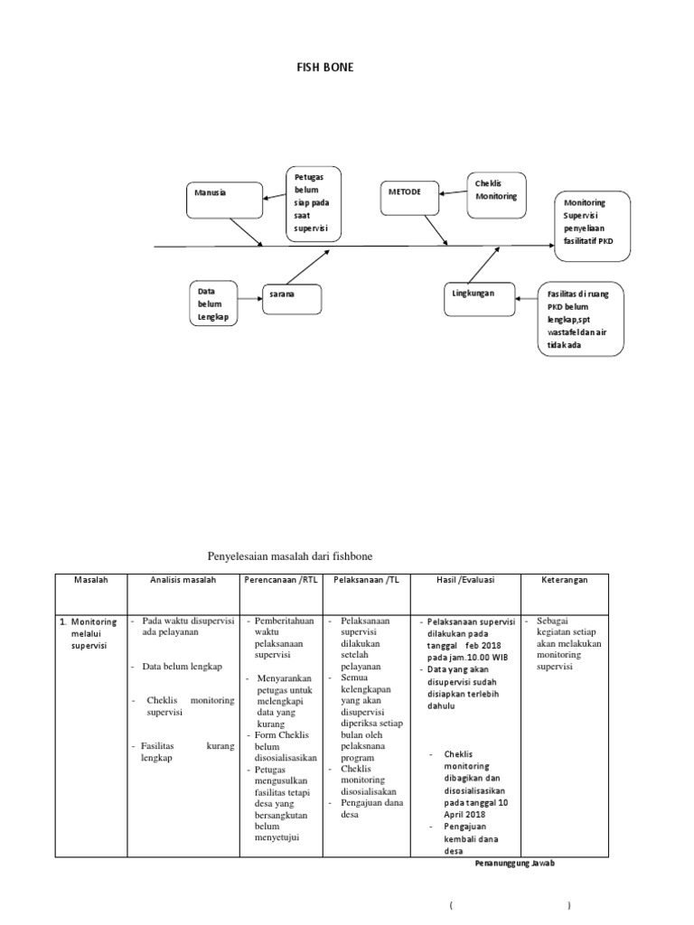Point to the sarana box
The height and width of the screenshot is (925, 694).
(x=292, y=295)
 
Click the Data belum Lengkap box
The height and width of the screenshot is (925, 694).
(x=214, y=306)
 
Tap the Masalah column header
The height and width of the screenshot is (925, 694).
(x=90, y=580)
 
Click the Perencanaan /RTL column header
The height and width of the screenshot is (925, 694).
(x=280, y=580)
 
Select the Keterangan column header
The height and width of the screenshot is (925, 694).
(x=564, y=580)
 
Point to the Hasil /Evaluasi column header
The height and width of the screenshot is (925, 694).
(x=464, y=580)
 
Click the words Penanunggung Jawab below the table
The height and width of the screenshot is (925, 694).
(x=515, y=863)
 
